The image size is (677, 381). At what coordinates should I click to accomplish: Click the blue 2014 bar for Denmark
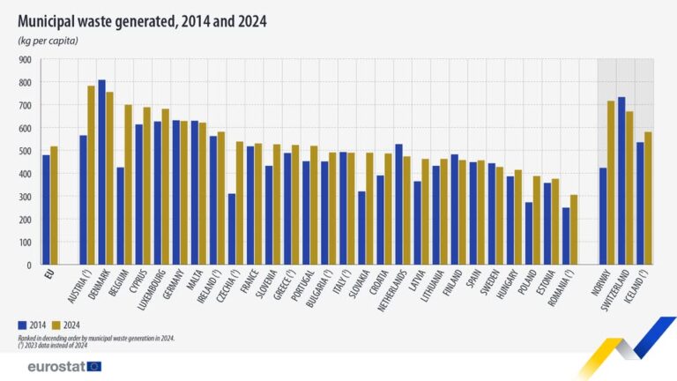[x=102, y=172]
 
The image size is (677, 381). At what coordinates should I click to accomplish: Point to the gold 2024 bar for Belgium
[x=129, y=184]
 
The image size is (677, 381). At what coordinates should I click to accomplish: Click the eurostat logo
[x=58, y=365]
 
